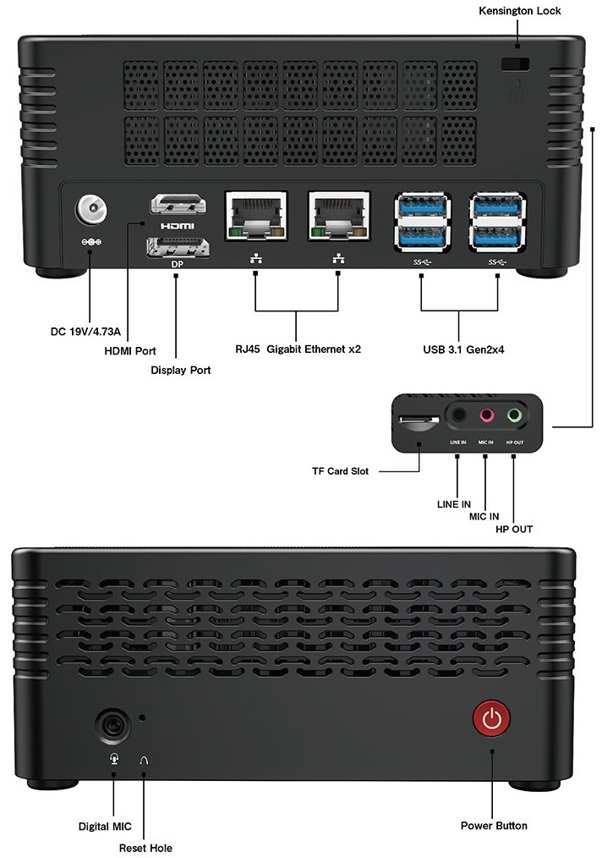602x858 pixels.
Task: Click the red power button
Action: (x=492, y=720)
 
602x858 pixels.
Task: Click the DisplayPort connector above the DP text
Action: (x=177, y=247)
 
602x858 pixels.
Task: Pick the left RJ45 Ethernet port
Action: (x=255, y=216)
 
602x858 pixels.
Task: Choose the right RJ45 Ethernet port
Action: (x=338, y=216)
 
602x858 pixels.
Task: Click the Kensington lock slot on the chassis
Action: (x=515, y=64)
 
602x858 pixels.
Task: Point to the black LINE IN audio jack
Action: (x=457, y=415)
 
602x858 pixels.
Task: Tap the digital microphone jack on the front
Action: (x=114, y=725)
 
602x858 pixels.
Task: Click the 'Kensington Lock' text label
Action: (x=519, y=11)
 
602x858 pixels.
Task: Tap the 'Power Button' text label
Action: (x=494, y=826)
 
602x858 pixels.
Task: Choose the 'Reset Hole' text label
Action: (x=145, y=846)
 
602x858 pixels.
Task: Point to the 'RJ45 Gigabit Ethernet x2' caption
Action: (x=298, y=349)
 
